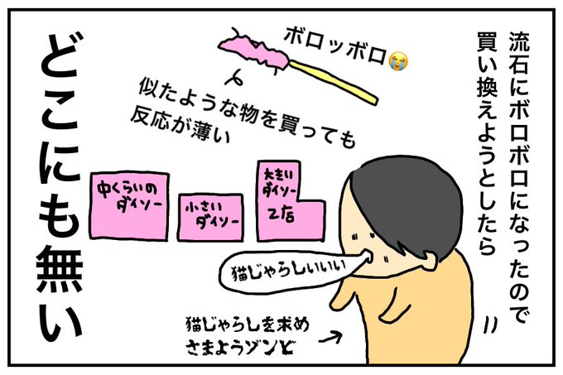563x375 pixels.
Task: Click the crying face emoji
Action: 401,60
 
